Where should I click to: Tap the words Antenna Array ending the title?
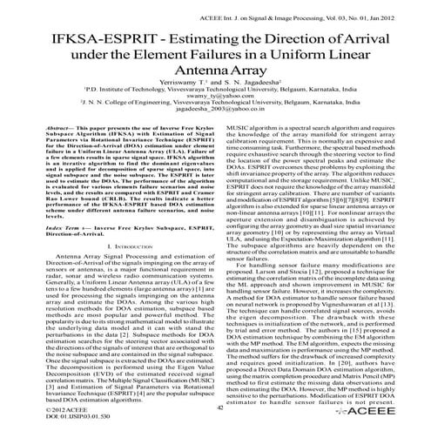[215, 77]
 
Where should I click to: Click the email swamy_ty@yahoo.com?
[215, 111]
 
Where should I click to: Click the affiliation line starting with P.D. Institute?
[215, 103]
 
